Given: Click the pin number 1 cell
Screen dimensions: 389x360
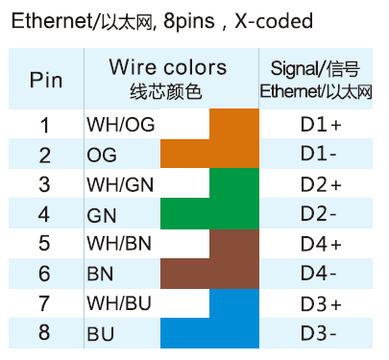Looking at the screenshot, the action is [44, 125].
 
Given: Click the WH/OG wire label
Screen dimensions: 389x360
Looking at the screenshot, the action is [120, 125].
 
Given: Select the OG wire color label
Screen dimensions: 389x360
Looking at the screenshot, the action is [102, 155].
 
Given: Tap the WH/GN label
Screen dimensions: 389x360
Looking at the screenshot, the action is [120, 184].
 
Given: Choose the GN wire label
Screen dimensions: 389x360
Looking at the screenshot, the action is [102, 214].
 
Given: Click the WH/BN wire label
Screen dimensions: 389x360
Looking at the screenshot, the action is [120, 244].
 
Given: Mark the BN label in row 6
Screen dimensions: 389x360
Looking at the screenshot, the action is [100, 274].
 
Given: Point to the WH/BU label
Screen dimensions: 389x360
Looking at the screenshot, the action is [120, 304].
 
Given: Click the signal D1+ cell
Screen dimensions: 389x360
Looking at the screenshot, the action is [321, 125].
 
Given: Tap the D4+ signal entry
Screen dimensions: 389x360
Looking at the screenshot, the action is [321, 244].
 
